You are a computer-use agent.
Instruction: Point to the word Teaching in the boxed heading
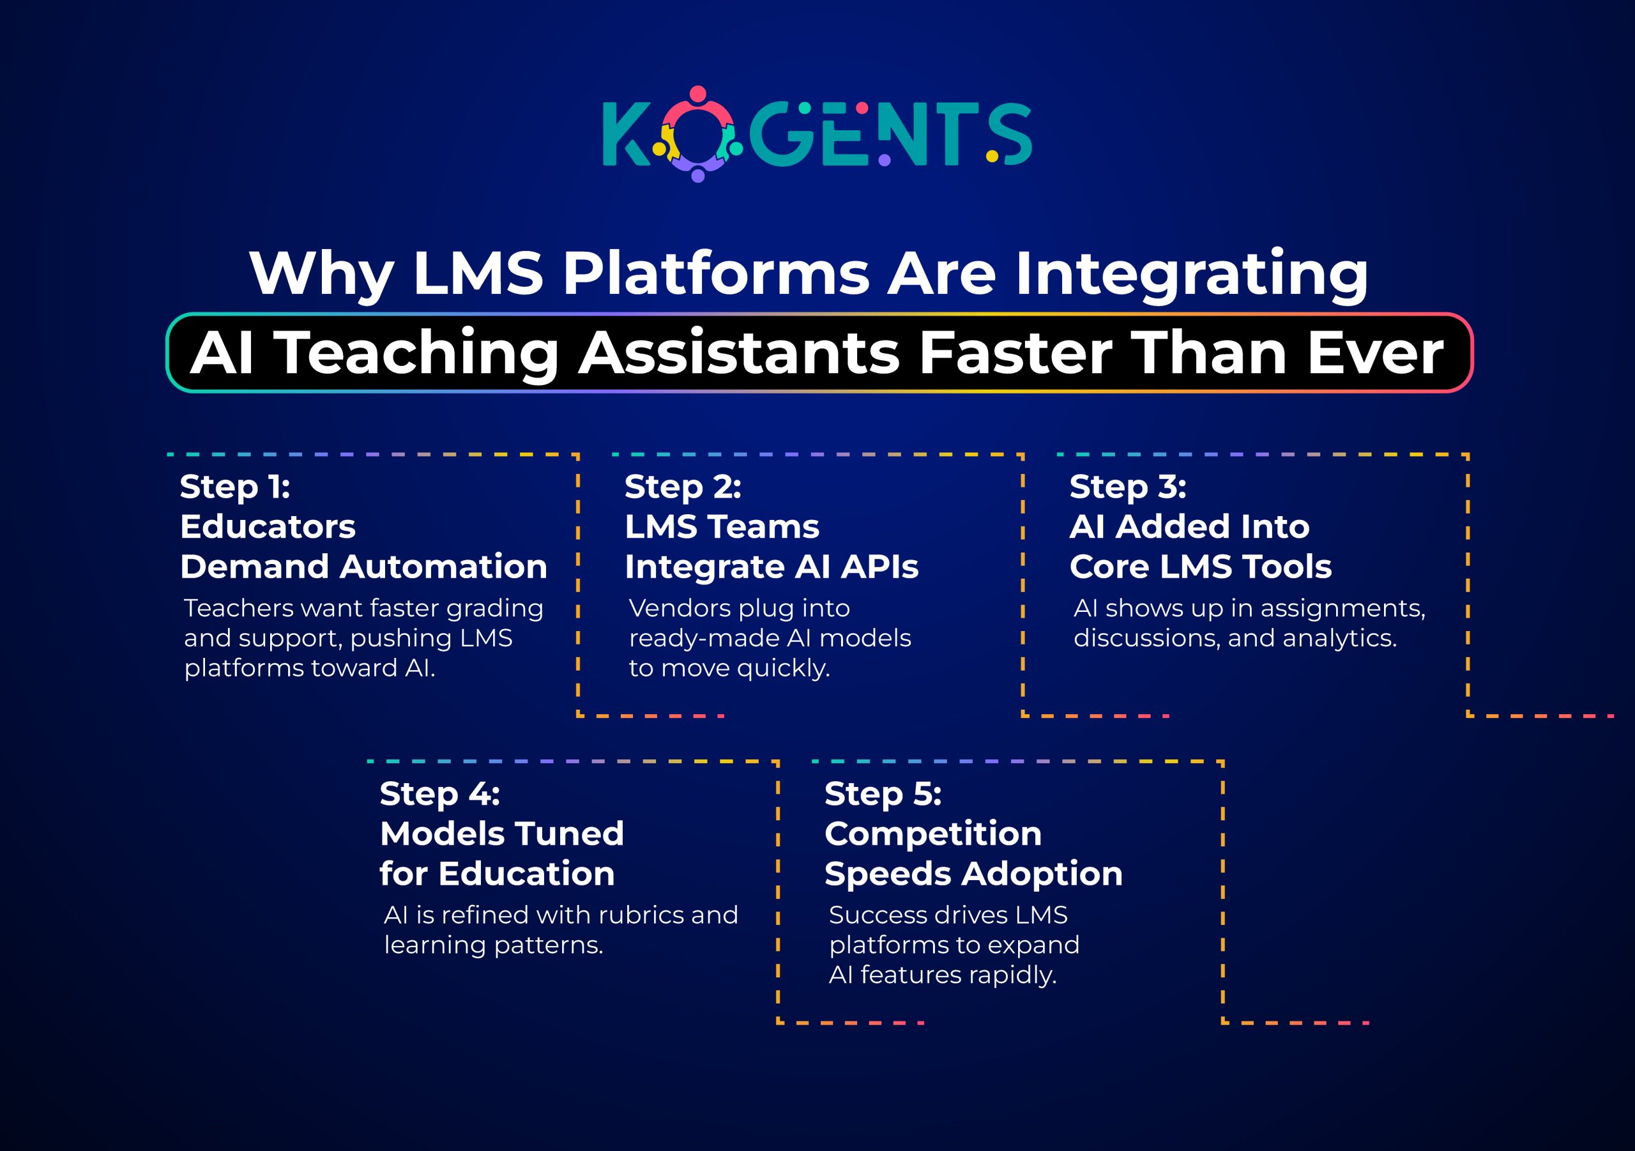(417, 354)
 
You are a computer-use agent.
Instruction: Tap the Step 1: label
(235, 488)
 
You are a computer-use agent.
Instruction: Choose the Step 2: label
(683, 488)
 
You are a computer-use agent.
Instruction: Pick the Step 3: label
(1128, 488)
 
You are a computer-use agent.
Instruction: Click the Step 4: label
(439, 795)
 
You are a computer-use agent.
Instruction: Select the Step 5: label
(883, 795)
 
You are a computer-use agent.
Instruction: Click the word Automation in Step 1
(443, 567)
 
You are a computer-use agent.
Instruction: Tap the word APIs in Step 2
(879, 567)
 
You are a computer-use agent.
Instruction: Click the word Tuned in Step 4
(569, 834)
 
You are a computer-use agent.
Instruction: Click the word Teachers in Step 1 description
(239, 608)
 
